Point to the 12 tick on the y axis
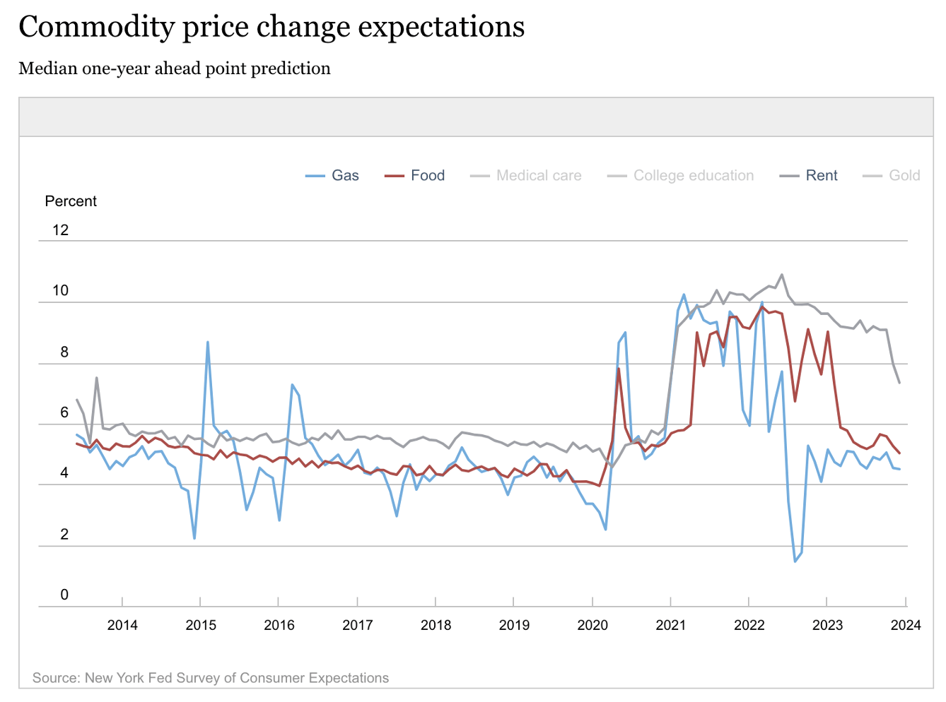click(61, 230)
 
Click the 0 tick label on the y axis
click(64, 595)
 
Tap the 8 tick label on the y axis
click(64, 352)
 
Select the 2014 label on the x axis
click(122, 625)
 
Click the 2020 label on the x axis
click(592, 625)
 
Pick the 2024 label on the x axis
click(906, 625)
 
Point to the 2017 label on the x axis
click(357, 625)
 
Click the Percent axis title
click(71, 201)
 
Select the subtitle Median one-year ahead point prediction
click(175, 69)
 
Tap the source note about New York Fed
click(211, 678)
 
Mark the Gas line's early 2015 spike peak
click(207, 342)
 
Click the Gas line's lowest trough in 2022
click(795, 561)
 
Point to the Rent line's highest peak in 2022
click(781, 275)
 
